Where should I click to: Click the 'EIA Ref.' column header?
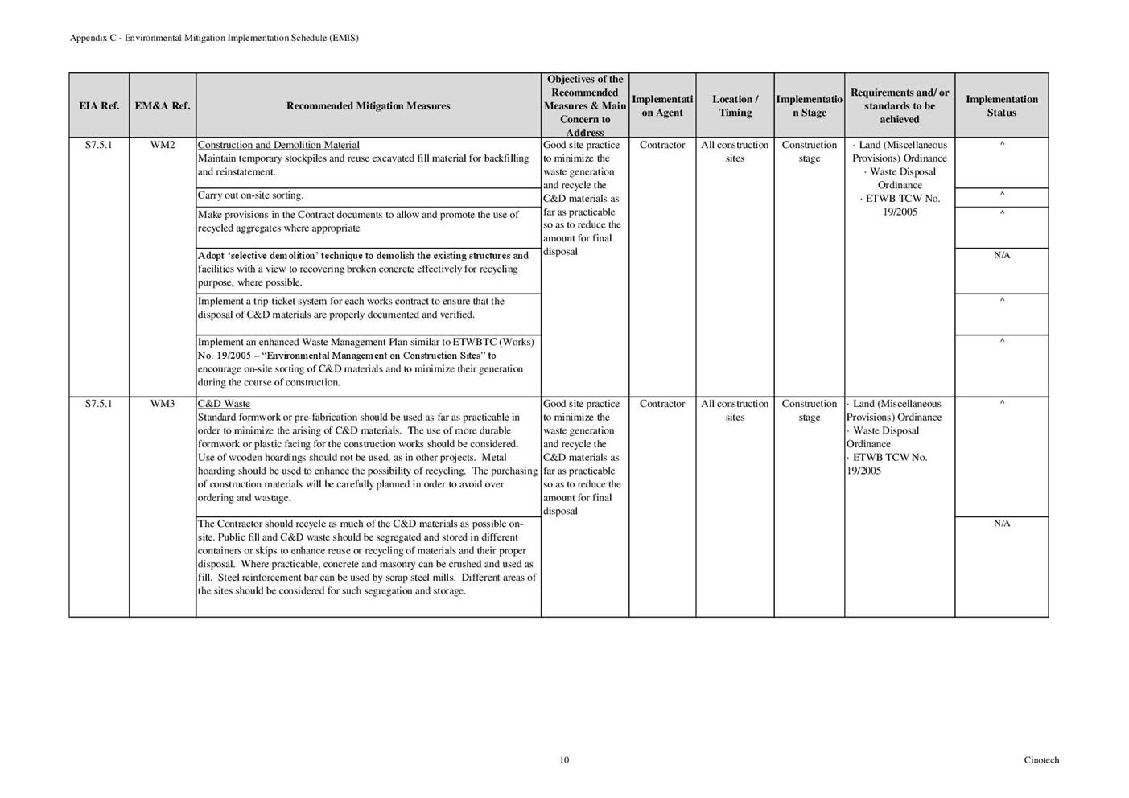click(x=99, y=106)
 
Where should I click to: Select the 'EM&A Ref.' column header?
click(x=163, y=106)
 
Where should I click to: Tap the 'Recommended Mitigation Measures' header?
click(x=368, y=106)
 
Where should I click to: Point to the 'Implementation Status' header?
click(x=1001, y=106)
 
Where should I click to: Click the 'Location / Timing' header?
click(x=735, y=106)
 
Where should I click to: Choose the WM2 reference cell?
click(x=163, y=146)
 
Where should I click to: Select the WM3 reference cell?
click(x=163, y=404)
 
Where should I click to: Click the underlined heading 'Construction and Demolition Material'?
click(x=278, y=146)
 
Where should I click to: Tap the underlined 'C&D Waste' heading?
click(x=224, y=404)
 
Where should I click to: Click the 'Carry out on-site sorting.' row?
click(x=251, y=195)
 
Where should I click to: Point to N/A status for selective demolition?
click(x=1001, y=256)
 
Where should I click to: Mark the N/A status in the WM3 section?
click(x=1001, y=524)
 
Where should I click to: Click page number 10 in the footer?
click(x=564, y=760)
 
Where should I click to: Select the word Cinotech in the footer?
click(x=1041, y=760)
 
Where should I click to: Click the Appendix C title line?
click(x=214, y=38)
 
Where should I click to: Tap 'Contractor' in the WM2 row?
click(x=662, y=146)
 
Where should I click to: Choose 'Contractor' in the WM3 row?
click(x=662, y=404)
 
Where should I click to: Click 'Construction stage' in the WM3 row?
click(x=809, y=410)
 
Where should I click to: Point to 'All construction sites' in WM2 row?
click(x=735, y=152)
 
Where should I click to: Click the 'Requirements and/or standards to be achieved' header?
click(x=899, y=106)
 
